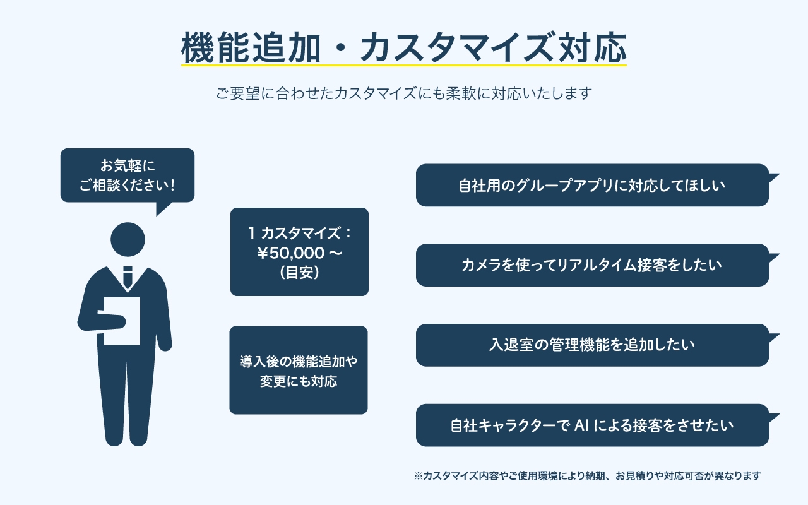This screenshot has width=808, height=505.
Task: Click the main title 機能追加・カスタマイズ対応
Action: [x=403, y=47]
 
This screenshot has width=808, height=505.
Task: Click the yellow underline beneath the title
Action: [x=403, y=65]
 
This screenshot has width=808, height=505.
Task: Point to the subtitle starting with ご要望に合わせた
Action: [x=403, y=94]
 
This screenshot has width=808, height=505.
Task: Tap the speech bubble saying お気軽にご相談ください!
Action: [x=127, y=175]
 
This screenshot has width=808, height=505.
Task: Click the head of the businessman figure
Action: [x=128, y=239]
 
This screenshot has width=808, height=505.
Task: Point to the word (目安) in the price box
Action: [x=299, y=272]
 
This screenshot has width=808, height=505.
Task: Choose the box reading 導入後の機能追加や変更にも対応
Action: [x=298, y=371]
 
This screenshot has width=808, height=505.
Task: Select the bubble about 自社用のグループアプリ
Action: [x=592, y=186]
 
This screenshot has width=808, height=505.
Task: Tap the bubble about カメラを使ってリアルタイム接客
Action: [x=592, y=265]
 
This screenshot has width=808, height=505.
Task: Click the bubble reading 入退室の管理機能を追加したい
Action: [x=592, y=345]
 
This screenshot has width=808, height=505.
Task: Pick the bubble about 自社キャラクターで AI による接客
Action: [x=592, y=425]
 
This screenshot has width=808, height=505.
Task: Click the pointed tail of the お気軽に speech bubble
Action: [x=163, y=208]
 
